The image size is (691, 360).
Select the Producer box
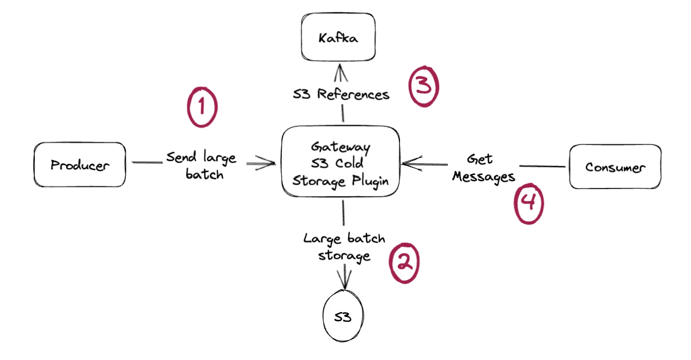click(80, 164)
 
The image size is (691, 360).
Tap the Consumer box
click(615, 166)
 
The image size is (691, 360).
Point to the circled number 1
click(202, 107)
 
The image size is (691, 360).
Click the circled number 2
click(403, 264)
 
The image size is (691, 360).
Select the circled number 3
click(423, 87)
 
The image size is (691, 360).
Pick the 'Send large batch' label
click(201, 166)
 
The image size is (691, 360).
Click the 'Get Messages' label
click(483, 168)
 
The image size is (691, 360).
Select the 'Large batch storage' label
click(344, 247)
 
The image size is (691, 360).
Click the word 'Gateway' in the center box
click(341, 147)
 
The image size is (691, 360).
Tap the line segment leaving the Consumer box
click(542, 166)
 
